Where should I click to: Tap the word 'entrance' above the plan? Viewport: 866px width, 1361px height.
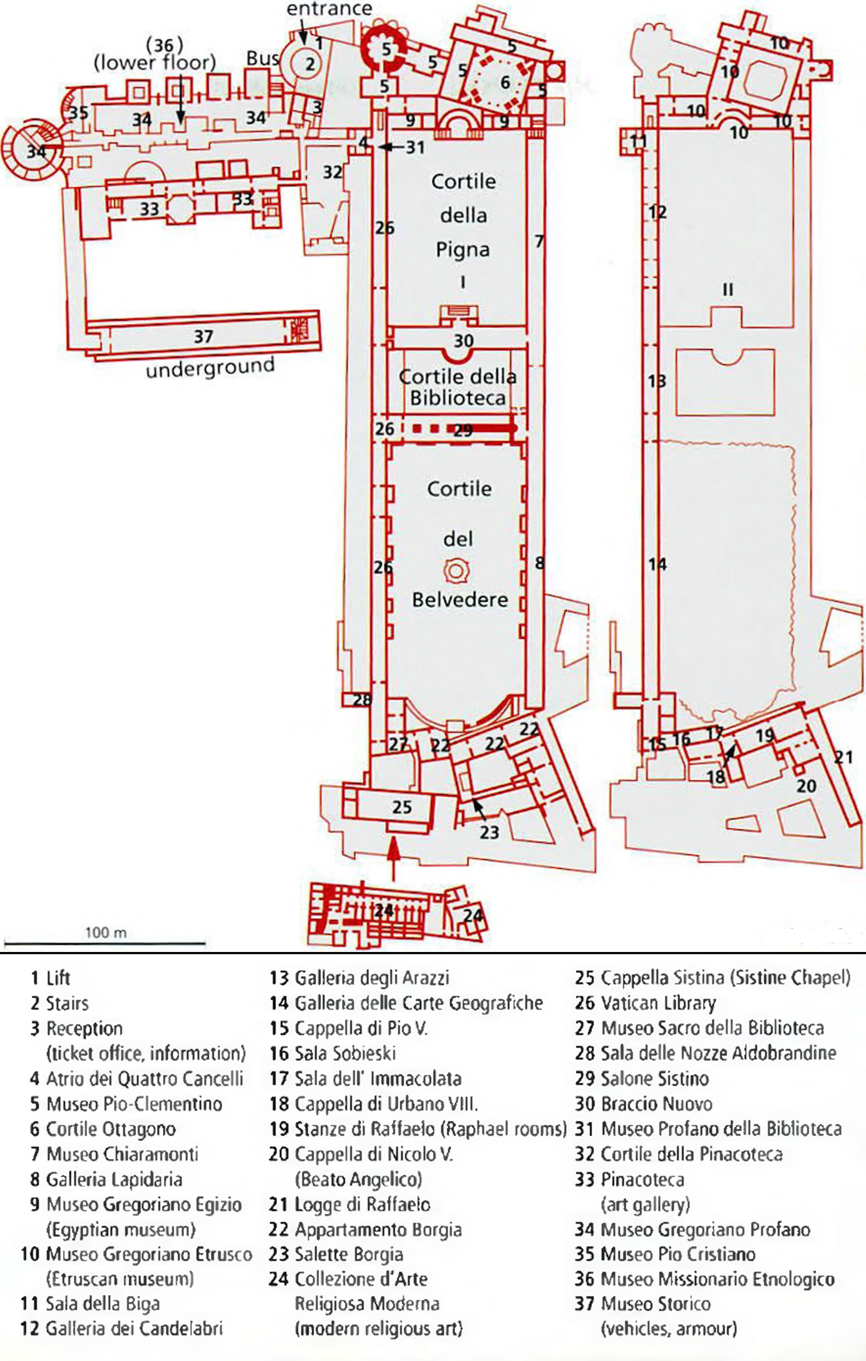coord(329,9)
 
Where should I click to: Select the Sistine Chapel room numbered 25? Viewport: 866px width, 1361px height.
coord(401,807)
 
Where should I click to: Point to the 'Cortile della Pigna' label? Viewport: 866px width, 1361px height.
coord(463,215)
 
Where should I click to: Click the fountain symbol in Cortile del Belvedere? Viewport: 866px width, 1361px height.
coord(456,571)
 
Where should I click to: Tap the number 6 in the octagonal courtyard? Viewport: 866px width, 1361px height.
coord(505,83)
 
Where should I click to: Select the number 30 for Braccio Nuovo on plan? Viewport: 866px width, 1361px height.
coord(464,341)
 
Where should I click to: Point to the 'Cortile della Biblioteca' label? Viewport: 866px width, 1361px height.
coord(458,387)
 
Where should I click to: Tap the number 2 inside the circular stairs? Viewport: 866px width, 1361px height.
coord(310,64)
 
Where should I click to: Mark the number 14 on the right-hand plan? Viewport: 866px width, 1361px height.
coord(657,564)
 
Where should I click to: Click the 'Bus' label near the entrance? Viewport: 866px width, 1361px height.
coord(263,58)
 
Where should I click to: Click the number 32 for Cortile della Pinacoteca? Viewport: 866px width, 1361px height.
coord(332,171)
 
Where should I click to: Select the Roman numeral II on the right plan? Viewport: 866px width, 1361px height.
coord(728,290)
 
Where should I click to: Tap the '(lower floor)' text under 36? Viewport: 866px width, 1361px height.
coord(155,62)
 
